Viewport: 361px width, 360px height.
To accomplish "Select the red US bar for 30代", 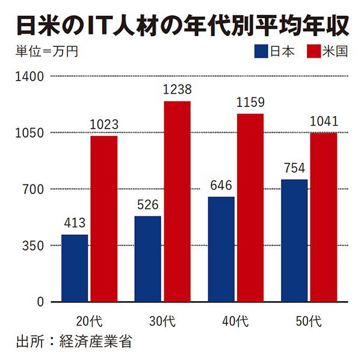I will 177,201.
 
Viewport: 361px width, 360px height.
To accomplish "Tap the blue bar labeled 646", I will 221,249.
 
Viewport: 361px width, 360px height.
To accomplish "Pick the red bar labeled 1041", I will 324,217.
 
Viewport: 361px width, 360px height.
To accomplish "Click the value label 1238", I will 177,90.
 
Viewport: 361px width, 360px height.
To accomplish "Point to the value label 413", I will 75,223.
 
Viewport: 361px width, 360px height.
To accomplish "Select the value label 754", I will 294,168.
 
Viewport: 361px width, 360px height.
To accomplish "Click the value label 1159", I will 250,102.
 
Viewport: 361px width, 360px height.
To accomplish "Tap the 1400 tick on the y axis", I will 30,77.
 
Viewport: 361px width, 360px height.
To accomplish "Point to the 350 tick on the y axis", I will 33,246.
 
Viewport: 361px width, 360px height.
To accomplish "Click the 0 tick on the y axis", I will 40,302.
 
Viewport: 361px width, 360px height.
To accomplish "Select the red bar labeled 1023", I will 104,219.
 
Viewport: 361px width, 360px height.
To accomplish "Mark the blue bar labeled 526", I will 148,258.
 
